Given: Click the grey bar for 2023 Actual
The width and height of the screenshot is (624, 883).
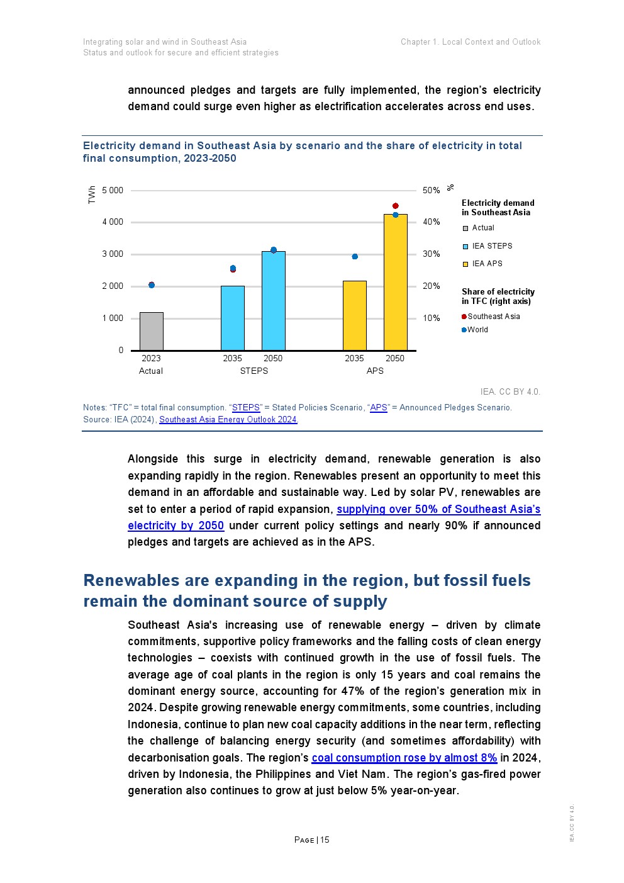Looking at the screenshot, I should [x=151, y=331].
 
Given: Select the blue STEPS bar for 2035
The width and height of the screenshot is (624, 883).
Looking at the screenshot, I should [x=232, y=318].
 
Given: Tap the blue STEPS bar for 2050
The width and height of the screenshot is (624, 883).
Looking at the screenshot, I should [x=273, y=301].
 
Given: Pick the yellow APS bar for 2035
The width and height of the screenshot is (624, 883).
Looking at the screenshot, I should [x=354, y=315].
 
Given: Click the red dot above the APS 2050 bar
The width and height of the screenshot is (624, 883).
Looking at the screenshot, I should [x=396, y=206].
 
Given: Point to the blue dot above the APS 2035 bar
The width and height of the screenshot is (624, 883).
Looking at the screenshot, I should [x=355, y=257].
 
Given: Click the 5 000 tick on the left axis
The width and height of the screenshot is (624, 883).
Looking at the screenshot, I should [x=113, y=190].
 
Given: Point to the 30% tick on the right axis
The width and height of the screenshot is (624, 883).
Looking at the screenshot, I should [x=432, y=254].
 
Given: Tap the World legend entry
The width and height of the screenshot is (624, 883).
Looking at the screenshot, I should [x=477, y=330].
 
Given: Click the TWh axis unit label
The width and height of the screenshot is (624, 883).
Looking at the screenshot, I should [x=92, y=194].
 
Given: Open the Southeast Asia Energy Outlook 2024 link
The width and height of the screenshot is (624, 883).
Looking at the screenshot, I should [x=228, y=420].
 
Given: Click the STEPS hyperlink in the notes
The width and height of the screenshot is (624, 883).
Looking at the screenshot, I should [x=246, y=408].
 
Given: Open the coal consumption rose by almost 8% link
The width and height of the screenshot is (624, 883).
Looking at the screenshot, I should [x=404, y=758].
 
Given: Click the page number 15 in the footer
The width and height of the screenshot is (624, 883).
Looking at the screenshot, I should [x=325, y=840].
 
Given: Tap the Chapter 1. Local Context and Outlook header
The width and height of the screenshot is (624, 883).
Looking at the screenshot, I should [x=471, y=42].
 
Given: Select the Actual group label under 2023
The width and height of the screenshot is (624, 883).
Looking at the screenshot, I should [x=151, y=371].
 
